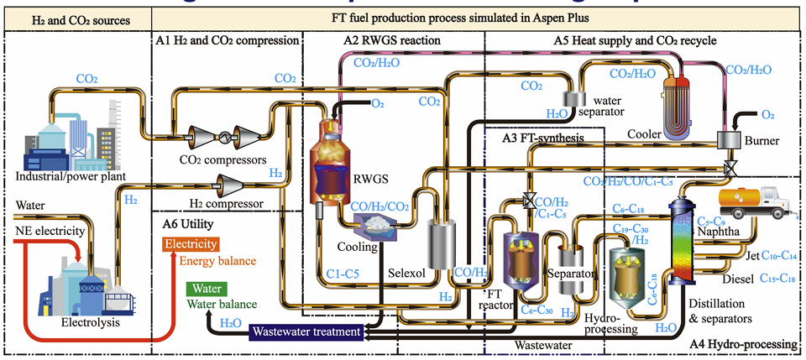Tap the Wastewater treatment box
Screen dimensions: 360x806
[306, 332]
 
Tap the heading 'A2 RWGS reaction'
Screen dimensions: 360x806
[391, 39]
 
